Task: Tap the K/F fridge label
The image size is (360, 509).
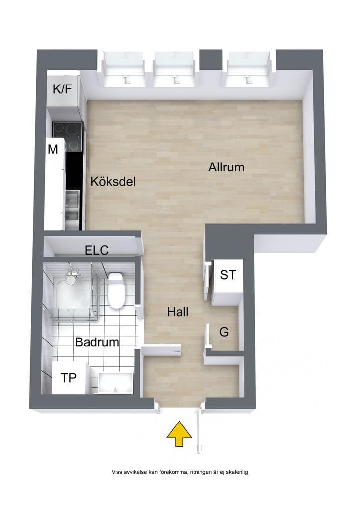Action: pos(62,88)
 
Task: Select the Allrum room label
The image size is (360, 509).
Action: pos(226,167)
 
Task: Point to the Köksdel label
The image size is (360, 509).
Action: pos(113,181)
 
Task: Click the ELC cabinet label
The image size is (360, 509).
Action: pos(97,251)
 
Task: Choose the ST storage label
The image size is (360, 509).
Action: pos(228,275)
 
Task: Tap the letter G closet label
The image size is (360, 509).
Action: pos(224,332)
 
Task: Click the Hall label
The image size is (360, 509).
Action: pos(178,312)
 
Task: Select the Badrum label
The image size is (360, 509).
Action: pos(97,342)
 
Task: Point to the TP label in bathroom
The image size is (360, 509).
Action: pos(69,378)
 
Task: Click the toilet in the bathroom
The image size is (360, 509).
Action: pos(115,290)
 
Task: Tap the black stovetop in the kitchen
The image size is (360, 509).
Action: pos(67,136)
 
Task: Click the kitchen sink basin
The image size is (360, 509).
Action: pos(73,205)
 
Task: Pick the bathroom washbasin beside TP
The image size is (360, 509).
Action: pos(115,383)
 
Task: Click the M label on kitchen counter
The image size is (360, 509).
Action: pos(53,149)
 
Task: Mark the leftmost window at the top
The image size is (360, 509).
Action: pos(124,69)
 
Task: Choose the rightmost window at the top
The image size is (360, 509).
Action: pos(249,69)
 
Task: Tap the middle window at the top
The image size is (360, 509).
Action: pos(176,69)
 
